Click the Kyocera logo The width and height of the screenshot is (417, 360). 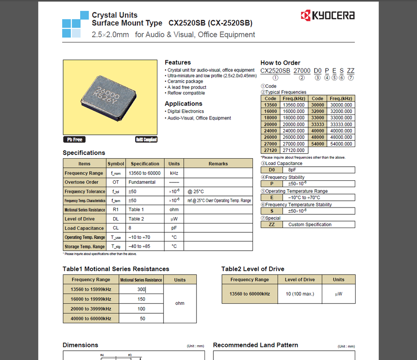pyautogui.click(x=327, y=16)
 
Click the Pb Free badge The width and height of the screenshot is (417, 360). pyautogui.click(x=75, y=139)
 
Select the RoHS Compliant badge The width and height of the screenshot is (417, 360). pyautogui.click(x=146, y=139)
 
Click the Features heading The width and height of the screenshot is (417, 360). pyautogui.click(x=177, y=63)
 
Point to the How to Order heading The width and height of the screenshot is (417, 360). pyautogui.click(x=280, y=63)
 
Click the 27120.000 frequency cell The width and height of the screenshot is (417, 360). pyautogui.click(x=293, y=150)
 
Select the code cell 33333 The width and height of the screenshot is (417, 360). pyautogui.click(x=318, y=124)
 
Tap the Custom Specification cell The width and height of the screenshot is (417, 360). pyautogui.click(x=310, y=225)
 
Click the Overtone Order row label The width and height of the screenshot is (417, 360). pyautogui.click(x=81, y=182)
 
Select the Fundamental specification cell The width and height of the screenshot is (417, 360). pyautogui.click(x=142, y=182)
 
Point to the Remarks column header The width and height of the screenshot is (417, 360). pyautogui.click(x=218, y=164)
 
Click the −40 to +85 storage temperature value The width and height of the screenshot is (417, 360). pyautogui.click(x=139, y=246)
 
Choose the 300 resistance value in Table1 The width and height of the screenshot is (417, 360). pyautogui.click(x=141, y=289)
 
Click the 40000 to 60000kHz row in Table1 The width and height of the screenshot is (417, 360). pyautogui.click(x=91, y=319)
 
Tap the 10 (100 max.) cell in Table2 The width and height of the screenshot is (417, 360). pyautogui.click(x=299, y=294)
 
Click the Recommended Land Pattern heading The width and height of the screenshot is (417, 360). pyautogui.click(x=255, y=345)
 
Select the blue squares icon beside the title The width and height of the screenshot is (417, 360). pyautogui.click(x=75, y=25)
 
